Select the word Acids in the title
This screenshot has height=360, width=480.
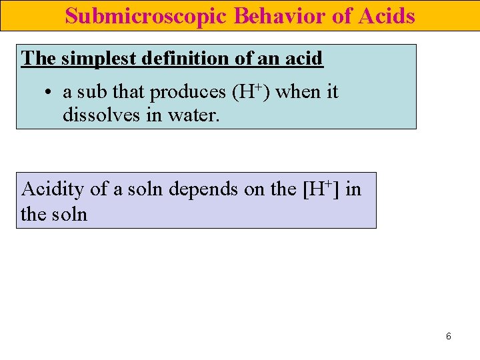pyautogui.click(x=387, y=16)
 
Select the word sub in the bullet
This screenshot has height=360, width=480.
pyautogui.click(x=92, y=92)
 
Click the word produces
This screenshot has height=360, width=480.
pyautogui.click(x=188, y=93)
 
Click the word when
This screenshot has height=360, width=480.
pyautogui.click(x=297, y=92)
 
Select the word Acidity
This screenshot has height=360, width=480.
pyautogui.click(x=52, y=189)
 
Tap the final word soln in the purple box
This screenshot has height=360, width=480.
pyautogui.click(x=67, y=215)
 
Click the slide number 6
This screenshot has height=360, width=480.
pyautogui.click(x=448, y=337)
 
